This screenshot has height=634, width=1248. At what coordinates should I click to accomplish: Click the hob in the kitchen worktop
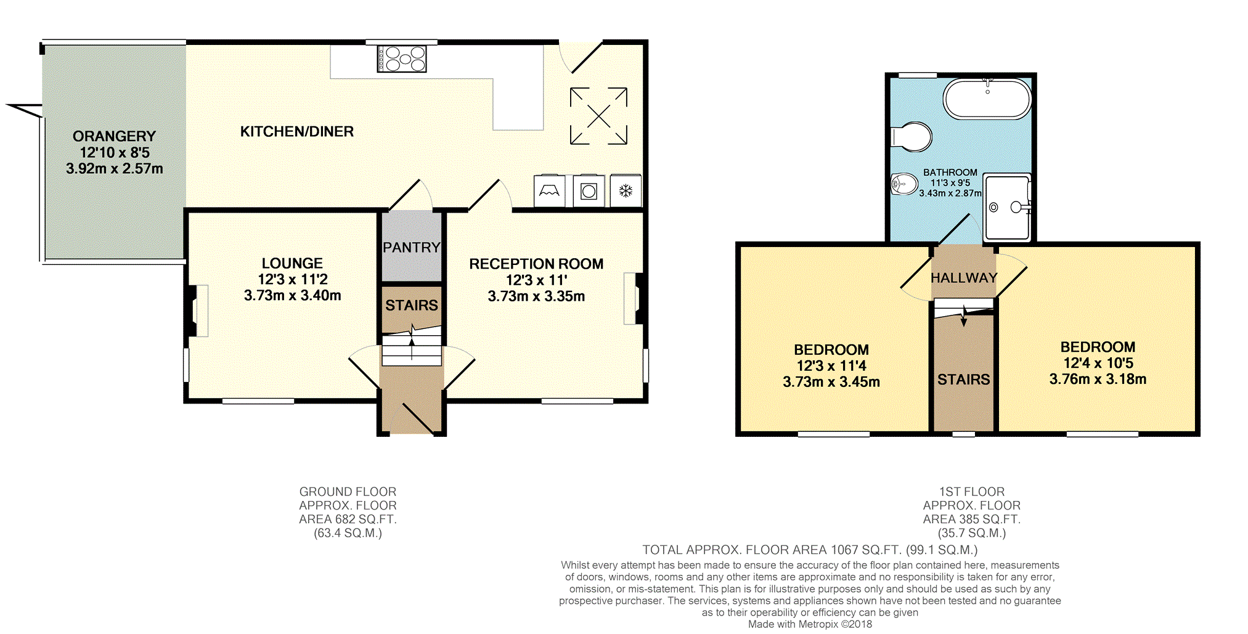402,59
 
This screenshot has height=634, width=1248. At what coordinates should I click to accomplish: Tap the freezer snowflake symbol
626,191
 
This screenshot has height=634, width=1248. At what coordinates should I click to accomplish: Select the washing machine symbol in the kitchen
589,191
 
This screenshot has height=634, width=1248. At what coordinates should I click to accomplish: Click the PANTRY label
412,248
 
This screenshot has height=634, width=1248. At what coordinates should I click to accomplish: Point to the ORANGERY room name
114,136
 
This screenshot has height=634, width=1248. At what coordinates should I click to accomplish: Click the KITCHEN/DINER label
297,131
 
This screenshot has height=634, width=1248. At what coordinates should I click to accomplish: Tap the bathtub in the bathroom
987,99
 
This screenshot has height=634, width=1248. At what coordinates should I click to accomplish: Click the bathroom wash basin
904,184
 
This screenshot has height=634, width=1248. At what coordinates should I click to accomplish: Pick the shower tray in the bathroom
1007,208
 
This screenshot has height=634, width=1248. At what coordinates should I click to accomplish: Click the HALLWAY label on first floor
964,278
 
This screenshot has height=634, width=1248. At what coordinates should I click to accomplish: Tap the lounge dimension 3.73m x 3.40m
293,296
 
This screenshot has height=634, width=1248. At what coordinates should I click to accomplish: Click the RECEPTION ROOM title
536,264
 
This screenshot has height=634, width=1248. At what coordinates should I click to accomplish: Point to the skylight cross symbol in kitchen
598,116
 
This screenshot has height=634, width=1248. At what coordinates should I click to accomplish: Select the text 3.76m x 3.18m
1098,380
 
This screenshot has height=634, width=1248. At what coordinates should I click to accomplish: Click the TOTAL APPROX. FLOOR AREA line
810,550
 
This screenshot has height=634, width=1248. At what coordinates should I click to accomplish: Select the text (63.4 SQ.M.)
348,533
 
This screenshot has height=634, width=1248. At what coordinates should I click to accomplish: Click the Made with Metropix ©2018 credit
810,624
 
